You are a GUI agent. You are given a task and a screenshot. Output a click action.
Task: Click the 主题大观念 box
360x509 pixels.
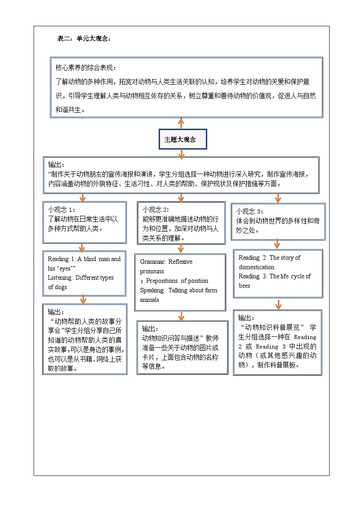click(183, 140)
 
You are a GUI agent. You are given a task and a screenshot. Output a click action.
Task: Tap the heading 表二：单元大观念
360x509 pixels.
click(84, 39)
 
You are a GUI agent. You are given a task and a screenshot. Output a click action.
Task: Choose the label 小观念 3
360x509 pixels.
click(249, 211)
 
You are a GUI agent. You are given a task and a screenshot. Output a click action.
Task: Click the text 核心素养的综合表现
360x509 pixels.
click(85, 68)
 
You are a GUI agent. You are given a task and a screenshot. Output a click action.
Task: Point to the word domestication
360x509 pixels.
click(257, 267)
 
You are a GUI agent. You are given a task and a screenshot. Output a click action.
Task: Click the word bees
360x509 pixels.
click(245, 286)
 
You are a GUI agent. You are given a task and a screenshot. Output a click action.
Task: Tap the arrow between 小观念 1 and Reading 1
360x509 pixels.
click(82, 247)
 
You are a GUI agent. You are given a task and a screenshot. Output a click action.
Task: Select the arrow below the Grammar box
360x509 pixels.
click(181, 316)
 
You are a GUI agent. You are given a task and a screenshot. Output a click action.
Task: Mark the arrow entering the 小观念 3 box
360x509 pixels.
click(278, 198)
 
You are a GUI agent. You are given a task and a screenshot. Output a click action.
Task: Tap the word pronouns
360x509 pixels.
click(152, 271)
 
